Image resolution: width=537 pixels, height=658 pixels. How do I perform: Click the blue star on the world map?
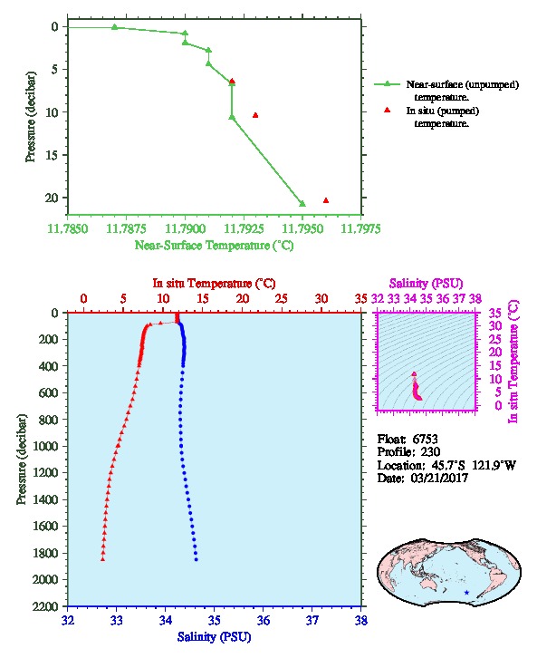tap(466, 593)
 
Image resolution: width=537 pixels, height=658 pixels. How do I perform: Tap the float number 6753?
tap(425, 440)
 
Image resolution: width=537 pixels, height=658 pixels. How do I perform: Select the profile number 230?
tap(430, 452)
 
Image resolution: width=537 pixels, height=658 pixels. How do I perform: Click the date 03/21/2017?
tap(439, 478)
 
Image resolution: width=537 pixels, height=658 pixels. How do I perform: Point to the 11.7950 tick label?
tap(302, 228)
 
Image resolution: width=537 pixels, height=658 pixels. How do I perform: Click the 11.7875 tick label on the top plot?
tap(126, 228)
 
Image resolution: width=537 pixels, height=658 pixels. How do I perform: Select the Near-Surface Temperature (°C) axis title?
tap(214, 245)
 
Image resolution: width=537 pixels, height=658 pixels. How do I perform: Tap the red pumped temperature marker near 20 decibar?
tap(326, 200)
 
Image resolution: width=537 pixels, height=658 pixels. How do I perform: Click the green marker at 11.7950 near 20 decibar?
tap(302, 204)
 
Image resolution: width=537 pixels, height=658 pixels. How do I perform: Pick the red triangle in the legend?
tap(387, 110)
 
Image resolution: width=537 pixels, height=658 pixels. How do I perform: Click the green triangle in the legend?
tap(387, 84)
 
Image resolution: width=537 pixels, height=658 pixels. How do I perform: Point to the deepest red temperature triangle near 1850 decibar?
tap(102, 559)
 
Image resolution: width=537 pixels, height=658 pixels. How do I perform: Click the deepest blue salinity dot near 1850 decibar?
tap(196, 559)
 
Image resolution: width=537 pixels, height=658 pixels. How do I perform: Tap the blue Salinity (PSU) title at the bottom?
tap(214, 637)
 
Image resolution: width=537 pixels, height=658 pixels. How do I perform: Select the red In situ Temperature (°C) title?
tap(214, 284)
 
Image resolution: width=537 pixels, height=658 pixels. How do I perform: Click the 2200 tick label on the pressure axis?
tap(45, 606)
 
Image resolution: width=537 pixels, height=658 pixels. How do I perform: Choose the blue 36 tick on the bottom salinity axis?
tap(264, 620)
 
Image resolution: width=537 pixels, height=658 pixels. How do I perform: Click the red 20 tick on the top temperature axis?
tap(243, 299)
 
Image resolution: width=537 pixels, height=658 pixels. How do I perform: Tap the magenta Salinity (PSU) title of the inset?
tap(426, 284)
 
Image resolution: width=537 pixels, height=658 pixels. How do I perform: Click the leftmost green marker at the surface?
tap(114, 27)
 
